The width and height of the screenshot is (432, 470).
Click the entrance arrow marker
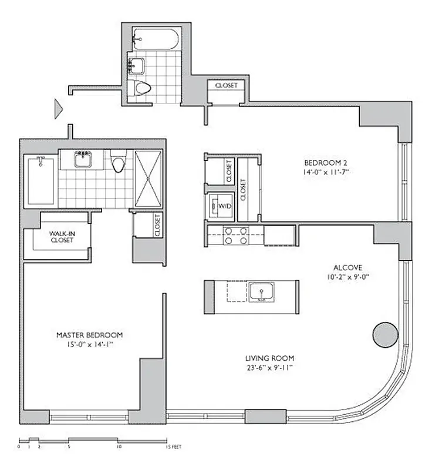(58, 109)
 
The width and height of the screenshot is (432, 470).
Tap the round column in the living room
(384, 334)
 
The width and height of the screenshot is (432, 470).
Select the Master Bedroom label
(89, 335)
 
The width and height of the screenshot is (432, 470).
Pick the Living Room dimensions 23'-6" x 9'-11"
(270, 368)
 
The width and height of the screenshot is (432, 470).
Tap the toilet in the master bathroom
(118, 163)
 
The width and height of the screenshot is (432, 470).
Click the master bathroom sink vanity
(82, 159)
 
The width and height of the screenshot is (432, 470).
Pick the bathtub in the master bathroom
(41, 180)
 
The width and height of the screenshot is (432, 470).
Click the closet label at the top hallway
(227, 86)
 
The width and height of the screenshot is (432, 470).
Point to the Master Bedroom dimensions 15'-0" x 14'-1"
(89, 345)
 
